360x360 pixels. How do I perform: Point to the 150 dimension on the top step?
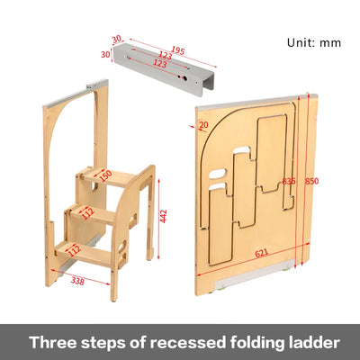point(106,175)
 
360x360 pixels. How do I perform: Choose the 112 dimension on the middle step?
point(88,212)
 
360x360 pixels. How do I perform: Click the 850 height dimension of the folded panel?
point(311,181)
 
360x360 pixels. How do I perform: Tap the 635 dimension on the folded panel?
point(289,181)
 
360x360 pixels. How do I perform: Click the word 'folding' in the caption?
point(232,342)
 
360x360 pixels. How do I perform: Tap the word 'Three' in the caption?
point(54,342)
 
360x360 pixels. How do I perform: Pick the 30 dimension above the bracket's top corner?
point(116,38)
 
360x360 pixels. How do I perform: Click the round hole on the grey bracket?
point(186,78)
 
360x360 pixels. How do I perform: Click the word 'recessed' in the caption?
point(161,342)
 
